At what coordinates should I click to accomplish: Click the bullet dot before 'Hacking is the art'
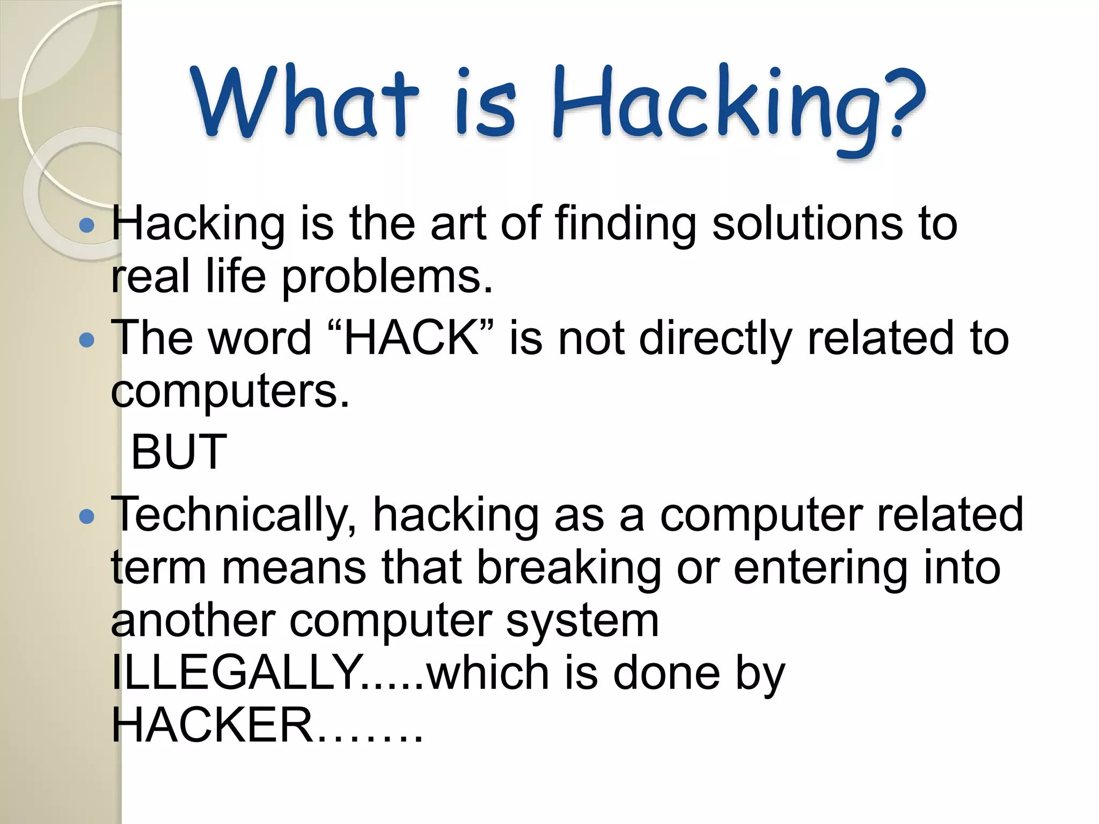(x=86, y=225)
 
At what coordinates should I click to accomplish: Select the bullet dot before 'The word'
(x=86, y=340)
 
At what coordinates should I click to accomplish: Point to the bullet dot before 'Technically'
(x=86, y=517)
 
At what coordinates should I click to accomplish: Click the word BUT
(x=179, y=452)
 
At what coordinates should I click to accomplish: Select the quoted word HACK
(x=411, y=338)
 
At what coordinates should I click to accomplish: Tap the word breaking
(x=569, y=569)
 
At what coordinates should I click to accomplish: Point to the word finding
(x=625, y=224)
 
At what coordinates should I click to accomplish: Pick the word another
(x=193, y=621)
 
